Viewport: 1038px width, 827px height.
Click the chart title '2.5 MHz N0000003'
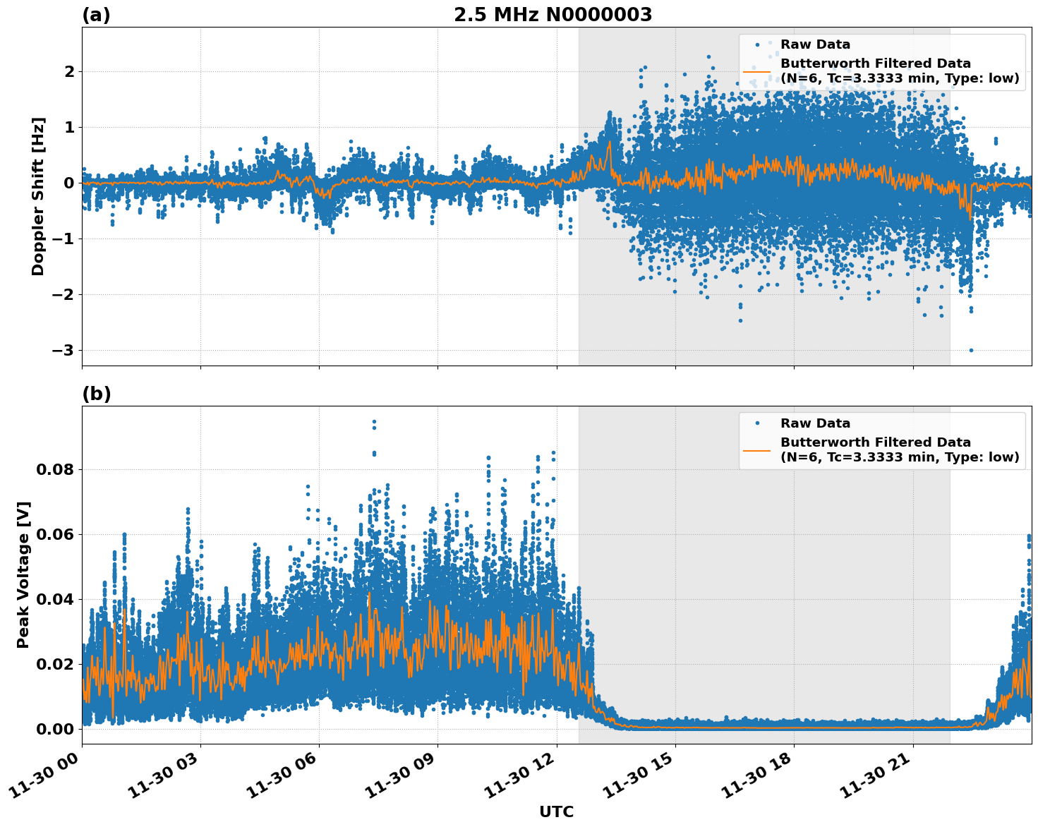tap(553, 15)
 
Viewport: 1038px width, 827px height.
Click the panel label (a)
tap(96, 15)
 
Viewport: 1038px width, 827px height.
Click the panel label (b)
tap(96, 394)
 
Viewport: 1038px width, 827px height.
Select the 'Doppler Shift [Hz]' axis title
tap(38, 196)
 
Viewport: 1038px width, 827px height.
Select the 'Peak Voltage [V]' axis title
tap(23, 575)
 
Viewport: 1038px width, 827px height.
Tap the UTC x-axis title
tap(556, 811)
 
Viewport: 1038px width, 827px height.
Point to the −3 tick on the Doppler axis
tap(64, 351)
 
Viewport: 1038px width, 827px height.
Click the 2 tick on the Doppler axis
tap(69, 72)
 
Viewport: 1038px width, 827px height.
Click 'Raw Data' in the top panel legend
tap(815, 44)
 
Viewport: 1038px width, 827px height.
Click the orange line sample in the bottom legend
tap(756, 449)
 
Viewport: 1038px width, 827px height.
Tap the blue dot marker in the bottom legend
tap(756, 423)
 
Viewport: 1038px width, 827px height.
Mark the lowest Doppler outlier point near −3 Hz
tap(971, 350)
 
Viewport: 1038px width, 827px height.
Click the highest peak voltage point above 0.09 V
tap(374, 422)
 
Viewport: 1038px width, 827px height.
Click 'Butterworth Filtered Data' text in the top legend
tap(875, 64)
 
